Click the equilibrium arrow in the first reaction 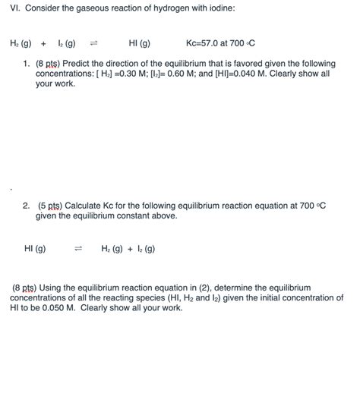click(95, 43)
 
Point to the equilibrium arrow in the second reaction click(77, 248)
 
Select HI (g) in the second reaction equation click(35, 248)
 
